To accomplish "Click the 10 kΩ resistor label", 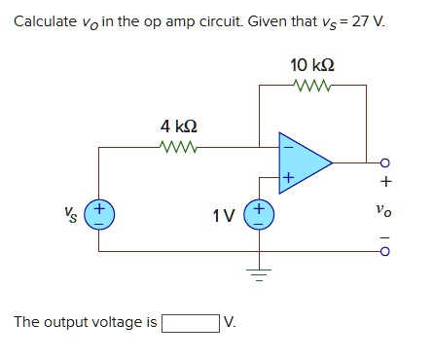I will pos(312,64).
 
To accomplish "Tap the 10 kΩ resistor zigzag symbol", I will pos(312,86).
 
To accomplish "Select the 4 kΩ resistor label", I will pos(179,126).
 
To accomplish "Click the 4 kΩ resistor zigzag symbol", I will pos(179,148).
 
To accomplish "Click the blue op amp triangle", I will pos(304,161).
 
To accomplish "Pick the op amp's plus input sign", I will pos(286,178).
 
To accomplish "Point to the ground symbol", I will pos(260,271).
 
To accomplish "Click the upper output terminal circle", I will pos(385,162).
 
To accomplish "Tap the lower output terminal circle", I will pos(385,250).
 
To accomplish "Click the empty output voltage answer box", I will pos(190,322).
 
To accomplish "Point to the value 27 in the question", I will pos(360,21).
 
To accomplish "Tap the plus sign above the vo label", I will pos(385,181).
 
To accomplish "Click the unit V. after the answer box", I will pos(230,322).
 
